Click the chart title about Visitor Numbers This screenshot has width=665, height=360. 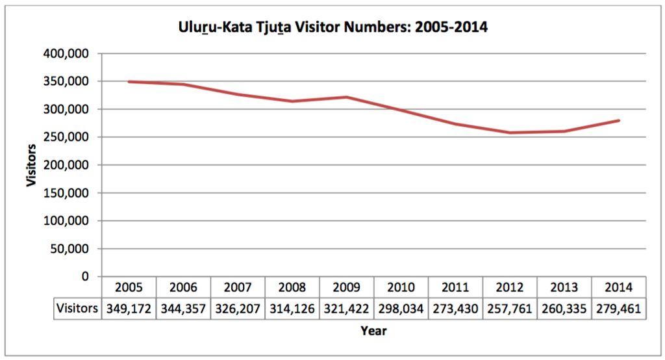(x=332, y=29)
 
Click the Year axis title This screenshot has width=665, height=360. (x=373, y=331)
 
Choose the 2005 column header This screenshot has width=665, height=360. (x=129, y=287)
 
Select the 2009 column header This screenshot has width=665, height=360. (x=346, y=287)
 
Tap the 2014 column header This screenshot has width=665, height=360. (x=618, y=287)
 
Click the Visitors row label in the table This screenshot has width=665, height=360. (x=77, y=308)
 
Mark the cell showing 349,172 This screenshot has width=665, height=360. (x=129, y=308)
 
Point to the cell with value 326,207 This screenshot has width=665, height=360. (x=238, y=308)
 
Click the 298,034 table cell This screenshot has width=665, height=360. (x=401, y=308)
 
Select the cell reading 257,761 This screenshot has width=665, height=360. (x=510, y=308)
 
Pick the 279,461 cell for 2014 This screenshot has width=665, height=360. (x=618, y=308)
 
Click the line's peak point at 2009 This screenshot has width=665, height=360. (x=346, y=97)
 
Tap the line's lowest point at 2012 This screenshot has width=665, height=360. (x=510, y=133)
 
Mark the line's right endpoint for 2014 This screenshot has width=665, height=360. (x=618, y=120)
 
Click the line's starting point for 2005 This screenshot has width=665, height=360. (x=129, y=82)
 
